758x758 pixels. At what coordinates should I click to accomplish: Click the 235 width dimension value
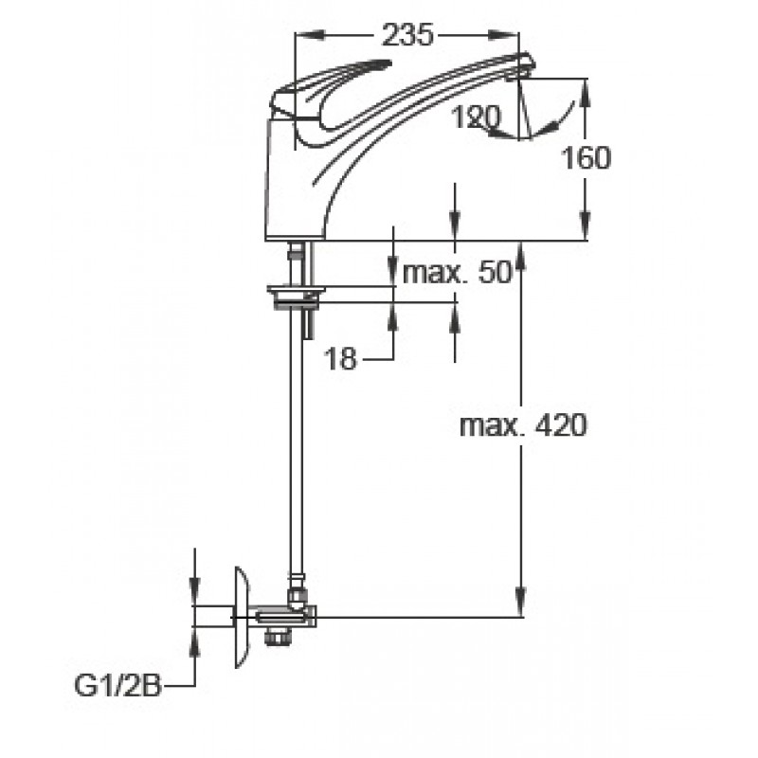(x=407, y=35)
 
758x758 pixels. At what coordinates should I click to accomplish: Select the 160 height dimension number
(x=586, y=158)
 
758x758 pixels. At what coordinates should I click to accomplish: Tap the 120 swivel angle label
(x=477, y=117)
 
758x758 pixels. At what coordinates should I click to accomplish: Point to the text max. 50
(x=457, y=272)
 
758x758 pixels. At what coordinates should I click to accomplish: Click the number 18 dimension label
(x=340, y=359)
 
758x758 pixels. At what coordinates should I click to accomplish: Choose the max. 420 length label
(x=523, y=425)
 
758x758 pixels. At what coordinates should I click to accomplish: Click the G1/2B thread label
(x=117, y=685)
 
